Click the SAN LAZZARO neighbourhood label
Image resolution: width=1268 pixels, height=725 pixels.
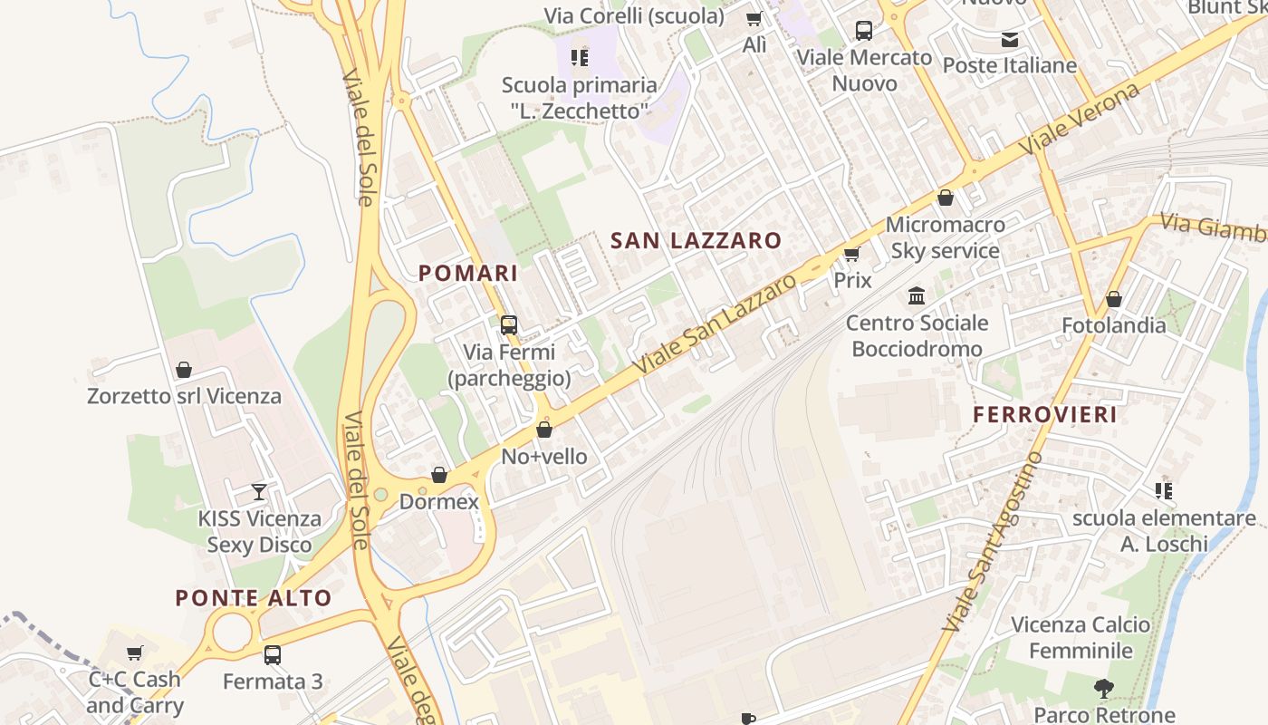tap(696, 240)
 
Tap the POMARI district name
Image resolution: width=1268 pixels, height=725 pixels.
tap(468, 273)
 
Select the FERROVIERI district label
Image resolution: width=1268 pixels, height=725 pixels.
tap(1045, 415)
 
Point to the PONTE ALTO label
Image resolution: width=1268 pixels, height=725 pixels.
tap(254, 598)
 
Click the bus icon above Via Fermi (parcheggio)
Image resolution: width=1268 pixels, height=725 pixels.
tap(509, 324)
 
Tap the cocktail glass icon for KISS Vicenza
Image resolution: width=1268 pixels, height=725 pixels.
tap(259, 491)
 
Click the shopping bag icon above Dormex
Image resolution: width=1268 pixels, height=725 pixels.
tap(439, 475)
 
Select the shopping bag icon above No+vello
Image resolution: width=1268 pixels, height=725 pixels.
tap(544, 430)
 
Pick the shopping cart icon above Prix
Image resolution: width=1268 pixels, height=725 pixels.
tap(851, 254)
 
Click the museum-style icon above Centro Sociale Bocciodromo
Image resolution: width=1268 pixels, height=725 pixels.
tap(917, 296)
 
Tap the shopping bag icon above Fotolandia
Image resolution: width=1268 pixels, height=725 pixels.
tap(1114, 299)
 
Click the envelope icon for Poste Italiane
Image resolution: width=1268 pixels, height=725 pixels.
tap(1010, 40)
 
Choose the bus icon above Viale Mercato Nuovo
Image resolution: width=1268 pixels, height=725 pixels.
tap(864, 31)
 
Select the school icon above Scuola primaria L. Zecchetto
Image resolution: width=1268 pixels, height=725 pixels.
tap(580, 59)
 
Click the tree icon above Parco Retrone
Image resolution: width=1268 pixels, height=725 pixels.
tap(1103, 689)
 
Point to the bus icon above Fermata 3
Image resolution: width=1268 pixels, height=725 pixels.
tap(273, 654)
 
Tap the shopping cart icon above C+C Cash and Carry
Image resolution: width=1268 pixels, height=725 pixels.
tap(135, 652)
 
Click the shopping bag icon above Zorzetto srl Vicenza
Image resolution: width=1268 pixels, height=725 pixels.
tap(184, 370)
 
